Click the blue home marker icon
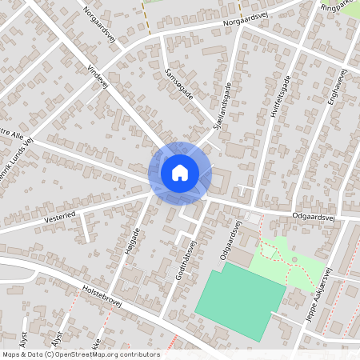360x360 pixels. [179, 172]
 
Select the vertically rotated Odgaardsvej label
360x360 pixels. [230, 240]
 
